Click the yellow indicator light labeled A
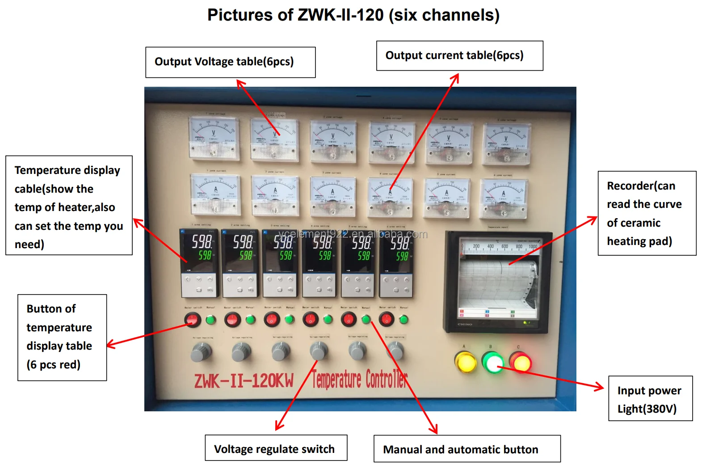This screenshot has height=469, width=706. pos(465,362)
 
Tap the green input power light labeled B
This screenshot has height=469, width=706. pos(493,362)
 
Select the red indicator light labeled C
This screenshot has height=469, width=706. pos(520,362)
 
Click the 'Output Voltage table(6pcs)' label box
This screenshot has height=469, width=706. pos(230,62)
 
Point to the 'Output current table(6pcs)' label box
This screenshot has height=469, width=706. pos(459,56)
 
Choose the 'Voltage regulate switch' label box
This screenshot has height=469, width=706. pos(276,448)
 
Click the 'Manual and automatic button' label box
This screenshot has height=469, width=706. pos(466,449)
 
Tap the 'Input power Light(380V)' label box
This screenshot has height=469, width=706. pos(650,399)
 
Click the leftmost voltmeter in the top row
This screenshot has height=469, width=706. pos(213,137)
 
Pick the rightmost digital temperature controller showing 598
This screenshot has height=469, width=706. pos(396,250)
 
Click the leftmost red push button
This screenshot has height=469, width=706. pos(193,319)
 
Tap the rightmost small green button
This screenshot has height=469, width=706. pos(403,319)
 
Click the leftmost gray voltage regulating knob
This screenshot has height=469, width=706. pos(201,352)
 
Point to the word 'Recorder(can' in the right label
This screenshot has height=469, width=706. pos(641,186)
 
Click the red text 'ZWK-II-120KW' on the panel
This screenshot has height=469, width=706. pos(244,380)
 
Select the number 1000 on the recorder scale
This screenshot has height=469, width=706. pos(533,246)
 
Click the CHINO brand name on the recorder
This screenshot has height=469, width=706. pos(465,324)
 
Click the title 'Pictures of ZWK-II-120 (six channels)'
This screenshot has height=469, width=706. pos(353,15)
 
